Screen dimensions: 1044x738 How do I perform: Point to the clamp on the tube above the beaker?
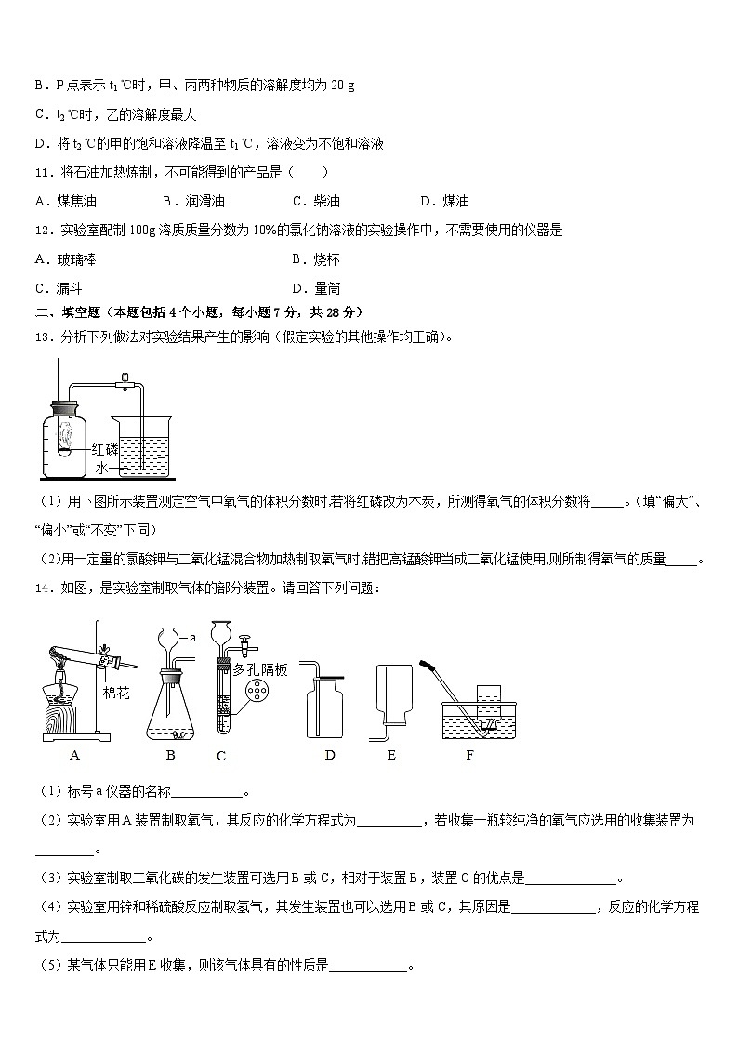pyautogui.click(x=123, y=378)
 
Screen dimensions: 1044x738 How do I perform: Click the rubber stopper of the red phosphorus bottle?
pyautogui.click(x=63, y=406)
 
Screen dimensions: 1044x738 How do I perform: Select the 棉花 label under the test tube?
pyautogui.click(x=115, y=692)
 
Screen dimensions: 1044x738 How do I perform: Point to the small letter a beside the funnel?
pyautogui.click(x=192, y=638)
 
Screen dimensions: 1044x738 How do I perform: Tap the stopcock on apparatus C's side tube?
pyautogui.click(x=248, y=641)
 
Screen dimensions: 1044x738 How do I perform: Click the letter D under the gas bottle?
pyautogui.click(x=330, y=755)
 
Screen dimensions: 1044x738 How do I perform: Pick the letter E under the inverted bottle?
pyautogui.click(x=391, y=755)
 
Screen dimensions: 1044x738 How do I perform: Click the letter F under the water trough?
pyautogui.click(x=469, y=755)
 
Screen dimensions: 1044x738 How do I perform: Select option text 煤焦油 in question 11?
pyautogui.click(x=76, y=201)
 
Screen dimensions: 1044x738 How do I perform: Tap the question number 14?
pyautogui.click(x=42, y=588)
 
